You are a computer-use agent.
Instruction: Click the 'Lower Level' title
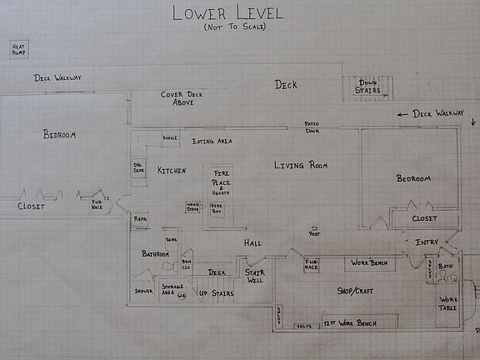point(227,12)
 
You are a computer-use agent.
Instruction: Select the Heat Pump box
point(17,50)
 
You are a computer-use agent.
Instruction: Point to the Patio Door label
point(312,127)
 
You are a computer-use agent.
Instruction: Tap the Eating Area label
point(212,142)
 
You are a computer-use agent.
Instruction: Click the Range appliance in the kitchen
point(169,138)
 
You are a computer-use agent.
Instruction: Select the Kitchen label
point(172,170)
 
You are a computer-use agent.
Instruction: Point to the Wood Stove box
point(193,206)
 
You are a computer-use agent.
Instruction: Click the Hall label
point(252,242)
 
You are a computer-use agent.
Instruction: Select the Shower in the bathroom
point(143,292)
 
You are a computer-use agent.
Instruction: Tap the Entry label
point(426,242)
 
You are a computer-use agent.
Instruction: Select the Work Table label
point(448,303)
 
